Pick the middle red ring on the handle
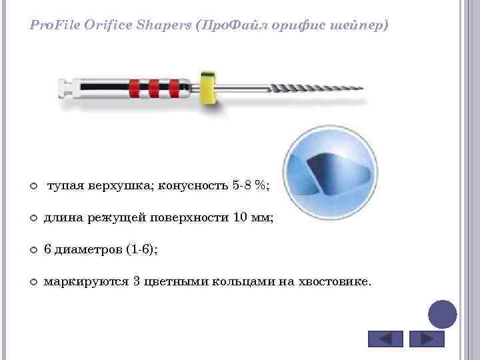pos(153,87)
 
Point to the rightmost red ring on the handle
pos(174,87)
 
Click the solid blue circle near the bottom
pos(441,314)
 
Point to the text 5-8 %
pos(251,185)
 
